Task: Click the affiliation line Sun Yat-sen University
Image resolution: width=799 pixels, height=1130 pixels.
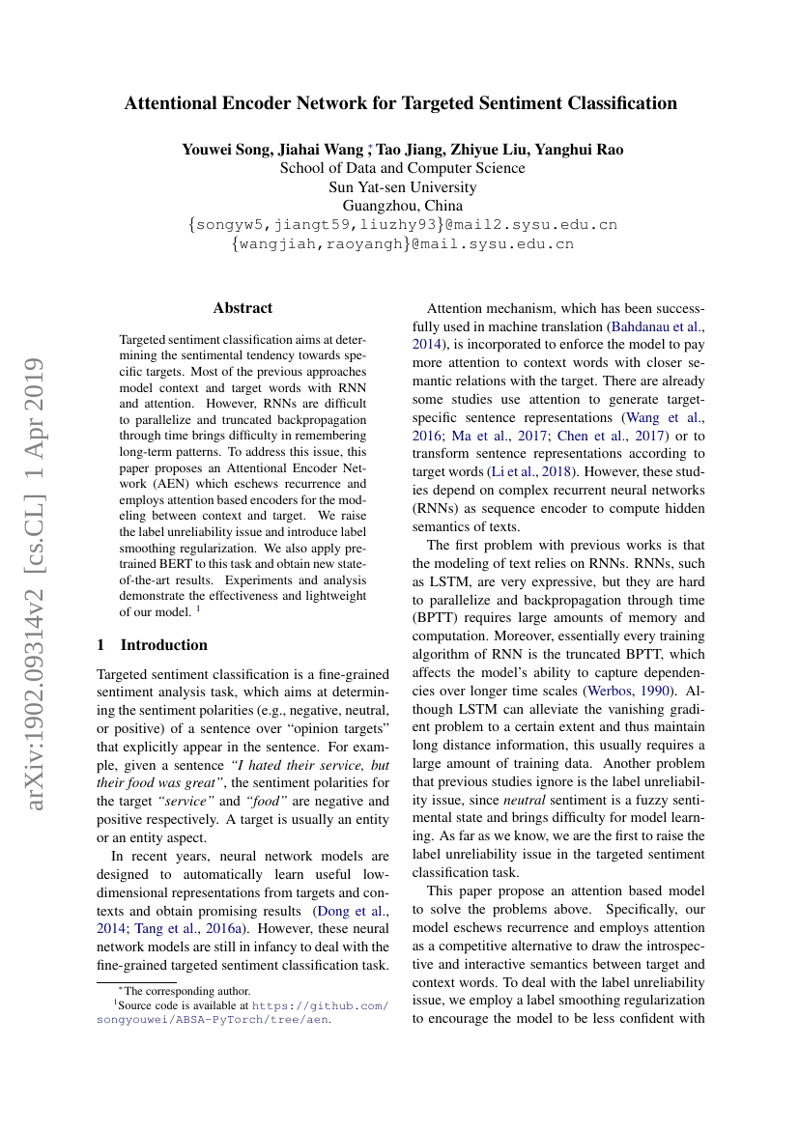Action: click(402, 187)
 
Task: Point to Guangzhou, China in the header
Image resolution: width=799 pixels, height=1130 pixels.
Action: click(402, 206)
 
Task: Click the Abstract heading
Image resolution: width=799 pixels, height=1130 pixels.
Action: click(243, 308)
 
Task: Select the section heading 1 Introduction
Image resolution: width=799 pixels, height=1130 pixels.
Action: click(153, 645)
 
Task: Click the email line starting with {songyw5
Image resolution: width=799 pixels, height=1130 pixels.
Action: click(402, 225)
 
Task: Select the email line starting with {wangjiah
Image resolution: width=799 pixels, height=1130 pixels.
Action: click(402, 244)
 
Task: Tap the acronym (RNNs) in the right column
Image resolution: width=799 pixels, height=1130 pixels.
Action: click(441, 507)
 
